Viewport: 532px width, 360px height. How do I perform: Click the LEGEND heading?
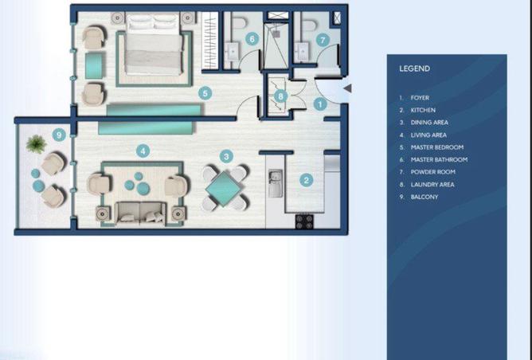click(414, 69)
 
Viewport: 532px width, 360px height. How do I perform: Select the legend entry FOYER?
click(420, 97)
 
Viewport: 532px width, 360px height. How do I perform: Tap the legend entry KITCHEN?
click(422, 110)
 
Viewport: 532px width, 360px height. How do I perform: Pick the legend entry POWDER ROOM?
click(433, 172)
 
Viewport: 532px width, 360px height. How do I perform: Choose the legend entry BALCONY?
click(424, 197)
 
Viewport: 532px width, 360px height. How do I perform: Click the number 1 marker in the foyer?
click(320, 103)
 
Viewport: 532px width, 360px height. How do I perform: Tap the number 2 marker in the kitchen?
click(306, 180)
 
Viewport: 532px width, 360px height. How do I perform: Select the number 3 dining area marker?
click(227, 158)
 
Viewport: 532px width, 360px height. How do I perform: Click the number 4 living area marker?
click(142, 150)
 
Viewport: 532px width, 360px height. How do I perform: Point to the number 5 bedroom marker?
click(205, 93)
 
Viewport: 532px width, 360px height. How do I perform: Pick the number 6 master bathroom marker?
click(251, 37)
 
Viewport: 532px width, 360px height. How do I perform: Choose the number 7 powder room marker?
click(323, 38)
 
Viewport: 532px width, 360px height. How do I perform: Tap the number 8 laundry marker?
click(280, 96)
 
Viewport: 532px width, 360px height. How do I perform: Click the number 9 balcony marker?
click(58, 134)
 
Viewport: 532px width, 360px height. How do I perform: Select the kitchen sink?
click(275, 187)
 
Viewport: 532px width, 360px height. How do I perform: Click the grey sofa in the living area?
click(141, 212)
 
